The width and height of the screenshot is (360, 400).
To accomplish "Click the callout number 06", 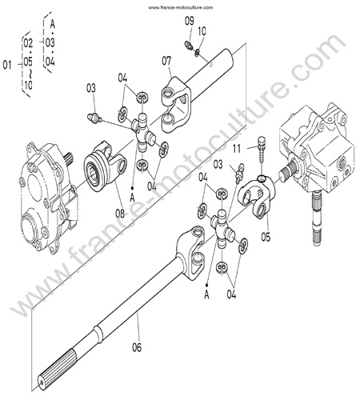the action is click(137, 347).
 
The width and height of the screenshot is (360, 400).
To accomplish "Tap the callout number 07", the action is click(166, 61).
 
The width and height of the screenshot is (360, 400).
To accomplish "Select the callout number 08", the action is click(120, 213).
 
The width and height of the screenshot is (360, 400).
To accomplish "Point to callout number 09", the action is click(190, 22).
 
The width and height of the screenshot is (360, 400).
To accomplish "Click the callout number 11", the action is click(237, 149).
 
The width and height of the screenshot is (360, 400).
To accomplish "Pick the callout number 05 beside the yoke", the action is click(266, 237).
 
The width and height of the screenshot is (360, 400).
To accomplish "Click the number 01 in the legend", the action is click(7, 65).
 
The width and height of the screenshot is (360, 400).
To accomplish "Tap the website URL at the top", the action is click(181, 7).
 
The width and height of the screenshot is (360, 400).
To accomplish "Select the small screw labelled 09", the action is click(189, 45).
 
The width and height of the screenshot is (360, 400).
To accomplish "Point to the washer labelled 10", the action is click(197, 53).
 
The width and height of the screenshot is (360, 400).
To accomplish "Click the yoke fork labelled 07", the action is click(176, 105).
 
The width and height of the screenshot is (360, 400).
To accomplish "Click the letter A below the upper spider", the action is click(132, 198).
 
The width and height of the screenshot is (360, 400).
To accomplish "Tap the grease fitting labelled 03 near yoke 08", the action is click(94, 118).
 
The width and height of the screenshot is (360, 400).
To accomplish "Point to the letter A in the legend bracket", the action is click(53, 25).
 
